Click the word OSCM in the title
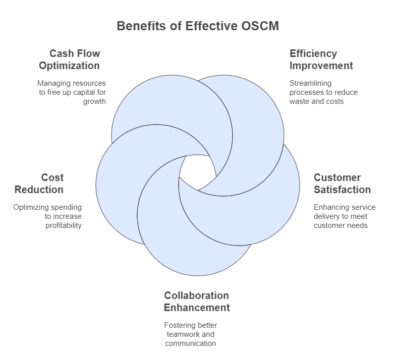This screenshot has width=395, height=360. (x=260, y=26)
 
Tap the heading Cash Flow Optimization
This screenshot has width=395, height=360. (x=70, y=59)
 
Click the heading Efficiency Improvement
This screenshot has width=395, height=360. (x=321, y=59)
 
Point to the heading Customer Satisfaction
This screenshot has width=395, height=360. (x=342, y=184)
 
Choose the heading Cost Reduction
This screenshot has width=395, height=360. (x=39, y=184)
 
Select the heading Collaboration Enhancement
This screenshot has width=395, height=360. (x=197, y=302)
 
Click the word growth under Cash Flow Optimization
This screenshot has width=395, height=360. (x=94, y=101)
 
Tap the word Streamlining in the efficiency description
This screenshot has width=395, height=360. (x=310, y=83)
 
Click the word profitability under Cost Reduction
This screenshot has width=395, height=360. (x=64, y=225)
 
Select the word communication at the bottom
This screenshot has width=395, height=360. (x=191, y=343)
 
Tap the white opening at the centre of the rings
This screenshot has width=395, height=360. (x=198, y=172)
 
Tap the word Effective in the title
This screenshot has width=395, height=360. (x=211, y=26)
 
